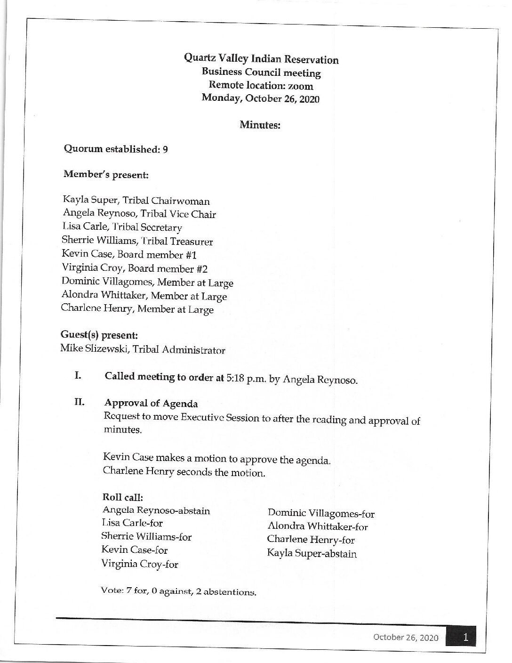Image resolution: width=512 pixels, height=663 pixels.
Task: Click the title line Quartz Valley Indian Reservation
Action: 261,59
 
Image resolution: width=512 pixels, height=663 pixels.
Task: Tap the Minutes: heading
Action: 260,125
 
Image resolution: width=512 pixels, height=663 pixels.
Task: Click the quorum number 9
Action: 165,150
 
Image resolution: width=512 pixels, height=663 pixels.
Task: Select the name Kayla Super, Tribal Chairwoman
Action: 136,201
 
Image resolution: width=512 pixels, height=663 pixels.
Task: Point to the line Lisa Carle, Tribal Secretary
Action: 122,228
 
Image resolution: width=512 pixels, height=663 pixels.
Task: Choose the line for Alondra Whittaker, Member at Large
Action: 144,296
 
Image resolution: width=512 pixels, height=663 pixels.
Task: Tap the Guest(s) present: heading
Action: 99,335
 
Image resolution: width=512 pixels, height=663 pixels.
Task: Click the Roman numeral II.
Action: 79,403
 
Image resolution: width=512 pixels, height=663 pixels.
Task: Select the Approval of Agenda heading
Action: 151,404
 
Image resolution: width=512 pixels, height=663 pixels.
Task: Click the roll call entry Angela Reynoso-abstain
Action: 156,510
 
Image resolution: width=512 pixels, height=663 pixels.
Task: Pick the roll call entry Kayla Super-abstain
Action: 312,553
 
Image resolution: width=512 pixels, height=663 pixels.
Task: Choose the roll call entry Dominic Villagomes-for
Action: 321,514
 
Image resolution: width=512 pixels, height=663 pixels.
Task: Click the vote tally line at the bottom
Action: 179,591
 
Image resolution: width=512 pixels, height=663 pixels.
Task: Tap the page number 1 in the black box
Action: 465,638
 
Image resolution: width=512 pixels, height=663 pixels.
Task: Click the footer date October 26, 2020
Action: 406,638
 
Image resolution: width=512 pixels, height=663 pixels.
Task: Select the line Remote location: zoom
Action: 261,86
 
